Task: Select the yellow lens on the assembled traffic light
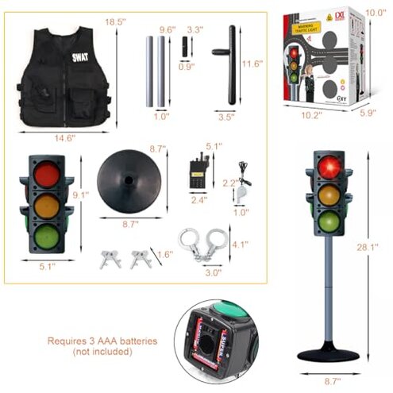(x=329, y=195)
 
